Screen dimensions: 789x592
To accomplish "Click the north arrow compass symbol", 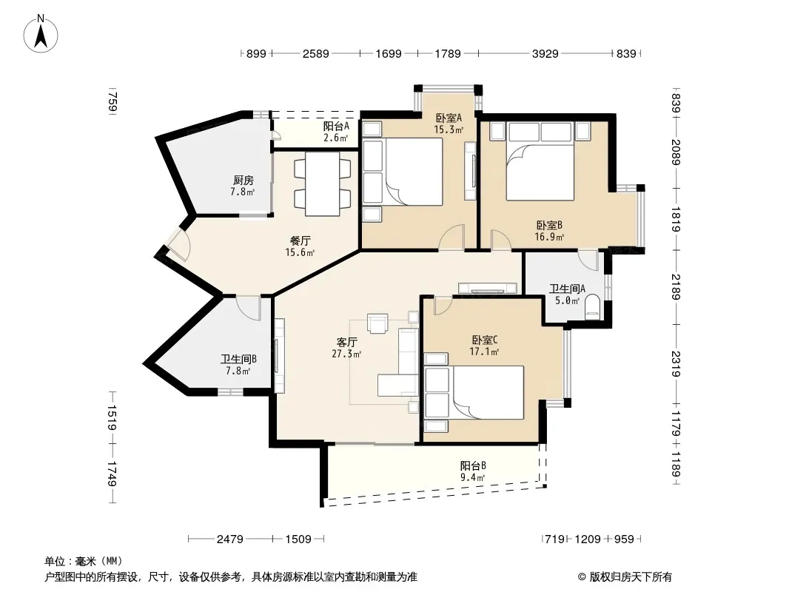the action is click(x=41, y=34).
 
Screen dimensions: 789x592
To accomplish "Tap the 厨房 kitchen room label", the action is click(x=243, y=180).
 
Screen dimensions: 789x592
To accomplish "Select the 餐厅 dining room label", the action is click(x=300, y=241).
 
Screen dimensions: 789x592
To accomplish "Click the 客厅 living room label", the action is click(x=346, y=343).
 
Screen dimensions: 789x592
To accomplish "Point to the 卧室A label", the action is click(x=449, y=118).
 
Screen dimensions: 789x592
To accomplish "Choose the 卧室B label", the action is click(x=549, y=226).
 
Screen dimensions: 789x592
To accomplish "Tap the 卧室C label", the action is click(x=485, y=340).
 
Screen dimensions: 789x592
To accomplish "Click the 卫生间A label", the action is click(x=567, y=289).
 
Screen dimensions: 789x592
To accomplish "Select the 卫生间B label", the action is click(x=238, y=359).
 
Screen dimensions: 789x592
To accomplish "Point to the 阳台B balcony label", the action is click(x=473, y=465).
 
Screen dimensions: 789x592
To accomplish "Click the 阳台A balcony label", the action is click(x=336, y=126).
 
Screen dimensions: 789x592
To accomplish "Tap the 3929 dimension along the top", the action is click(x=545, y=53).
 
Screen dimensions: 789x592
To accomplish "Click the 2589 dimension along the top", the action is click(x=315, y=53).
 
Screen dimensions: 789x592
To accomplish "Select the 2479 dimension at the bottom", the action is click(x=230, y=539).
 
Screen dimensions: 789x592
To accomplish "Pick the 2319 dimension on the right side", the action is click(x=676, y=363).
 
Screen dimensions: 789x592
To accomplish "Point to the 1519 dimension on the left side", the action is click(x=113, y=417).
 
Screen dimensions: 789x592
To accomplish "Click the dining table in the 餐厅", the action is click(x=323, y=184).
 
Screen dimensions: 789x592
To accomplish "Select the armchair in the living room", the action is click(x=377, y=323).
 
